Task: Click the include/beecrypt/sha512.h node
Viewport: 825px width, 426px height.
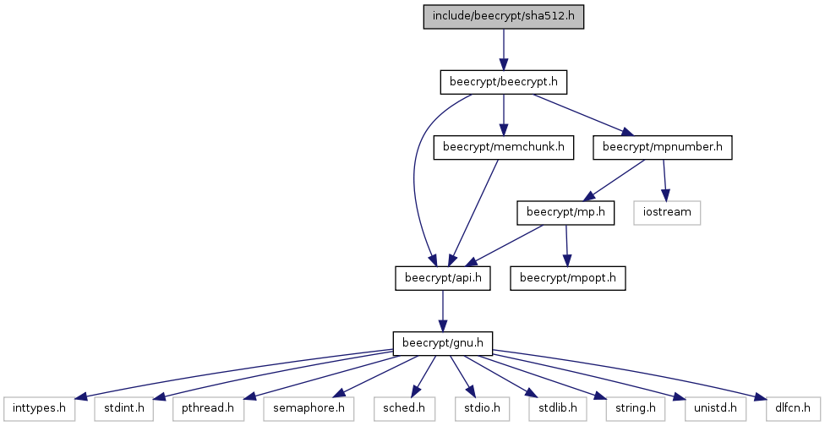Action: point(504,17)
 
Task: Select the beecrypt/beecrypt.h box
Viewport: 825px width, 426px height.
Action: point(504,82)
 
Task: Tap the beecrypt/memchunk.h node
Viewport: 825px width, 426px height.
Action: point(504,147)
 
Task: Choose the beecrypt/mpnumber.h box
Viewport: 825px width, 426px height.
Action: point(663,147)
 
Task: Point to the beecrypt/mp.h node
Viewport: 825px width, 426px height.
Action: point(565,212)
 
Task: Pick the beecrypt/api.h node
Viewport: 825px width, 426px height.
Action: point(443,277)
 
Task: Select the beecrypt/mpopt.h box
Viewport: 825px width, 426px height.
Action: point(567,277)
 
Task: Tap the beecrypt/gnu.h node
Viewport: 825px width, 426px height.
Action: point(443,343)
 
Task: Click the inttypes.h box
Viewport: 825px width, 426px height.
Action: point(39,408)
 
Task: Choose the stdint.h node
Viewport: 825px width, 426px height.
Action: point(124,408)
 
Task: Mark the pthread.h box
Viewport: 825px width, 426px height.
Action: point(209,408)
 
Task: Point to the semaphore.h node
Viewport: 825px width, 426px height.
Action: point(305,408)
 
